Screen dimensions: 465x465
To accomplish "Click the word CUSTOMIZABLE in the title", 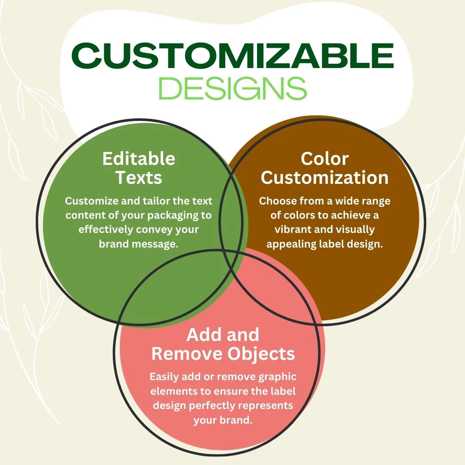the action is point(232,56).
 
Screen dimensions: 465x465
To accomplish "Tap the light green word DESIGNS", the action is point(233,88).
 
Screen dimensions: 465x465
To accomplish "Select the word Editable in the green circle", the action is point(139,158).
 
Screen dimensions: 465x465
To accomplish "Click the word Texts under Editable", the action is point(139,178).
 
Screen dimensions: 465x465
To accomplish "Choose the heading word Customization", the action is point(325,178).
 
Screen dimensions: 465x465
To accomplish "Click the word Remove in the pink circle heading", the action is point(187,353).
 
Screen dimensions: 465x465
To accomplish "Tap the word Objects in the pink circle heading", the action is point(261,354).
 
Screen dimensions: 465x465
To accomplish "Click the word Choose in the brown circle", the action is point(278,201).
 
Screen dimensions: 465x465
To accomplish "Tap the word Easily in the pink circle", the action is point(164,377).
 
